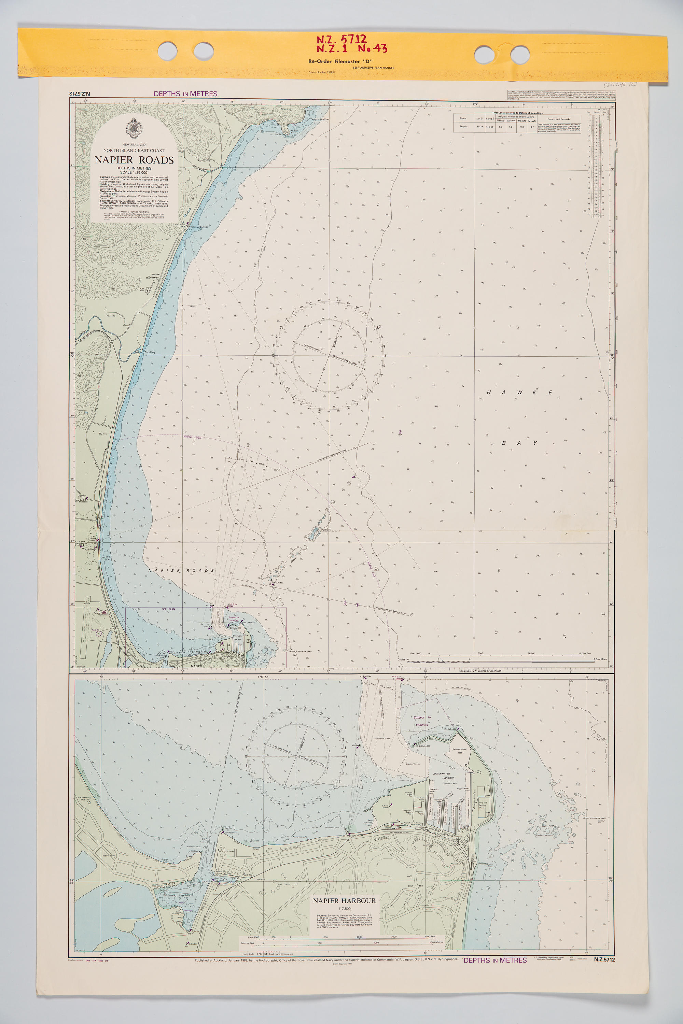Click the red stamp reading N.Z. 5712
click(x=341, y=40)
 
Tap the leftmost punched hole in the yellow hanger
click(x=167, y=51)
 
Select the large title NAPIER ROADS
click(x=134, y=160)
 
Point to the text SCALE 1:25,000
click(x=134, y=172)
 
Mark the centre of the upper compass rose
click(x=329, y=356)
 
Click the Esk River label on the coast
click(x=150, y=352)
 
